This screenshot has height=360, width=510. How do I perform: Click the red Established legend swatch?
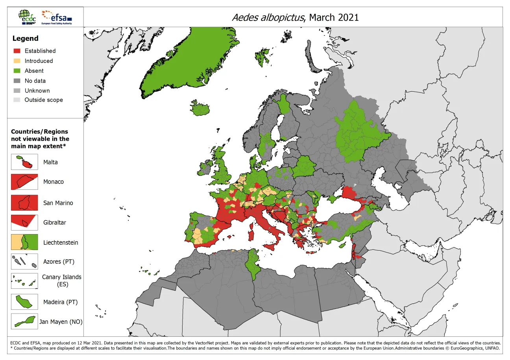17,51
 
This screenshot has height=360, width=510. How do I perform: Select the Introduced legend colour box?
17,61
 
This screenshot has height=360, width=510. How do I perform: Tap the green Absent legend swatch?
17,71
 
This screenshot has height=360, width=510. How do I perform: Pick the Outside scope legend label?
44,100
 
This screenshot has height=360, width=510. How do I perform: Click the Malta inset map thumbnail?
24,162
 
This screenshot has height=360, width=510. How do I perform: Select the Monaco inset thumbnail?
24,182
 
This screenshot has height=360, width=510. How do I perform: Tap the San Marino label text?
58,203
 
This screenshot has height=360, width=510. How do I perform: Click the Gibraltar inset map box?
24,222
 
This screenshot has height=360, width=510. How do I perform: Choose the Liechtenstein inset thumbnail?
24,242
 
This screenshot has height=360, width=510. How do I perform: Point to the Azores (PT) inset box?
24,261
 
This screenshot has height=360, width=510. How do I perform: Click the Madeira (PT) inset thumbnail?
24,302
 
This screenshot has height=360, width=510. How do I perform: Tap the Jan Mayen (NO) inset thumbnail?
24,321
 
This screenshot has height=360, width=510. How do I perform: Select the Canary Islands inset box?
24,281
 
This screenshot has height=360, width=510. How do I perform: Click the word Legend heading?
25,38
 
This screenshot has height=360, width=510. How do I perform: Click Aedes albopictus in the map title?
268,18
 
